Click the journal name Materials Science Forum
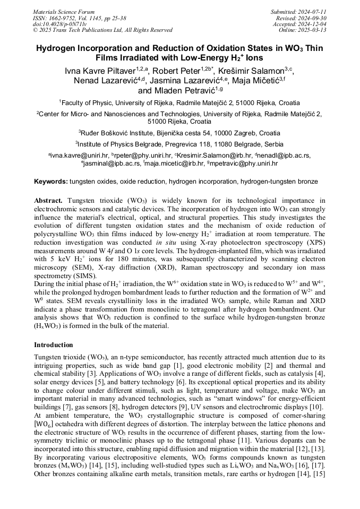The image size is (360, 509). pyautogui.click(x=64, y=11)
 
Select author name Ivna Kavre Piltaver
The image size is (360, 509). pyautogui.click(x=99, y=71)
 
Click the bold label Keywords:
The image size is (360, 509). pyautogui.click(x=51, y=182)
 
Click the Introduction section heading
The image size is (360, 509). pyautogui.click(x=54, y=345)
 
